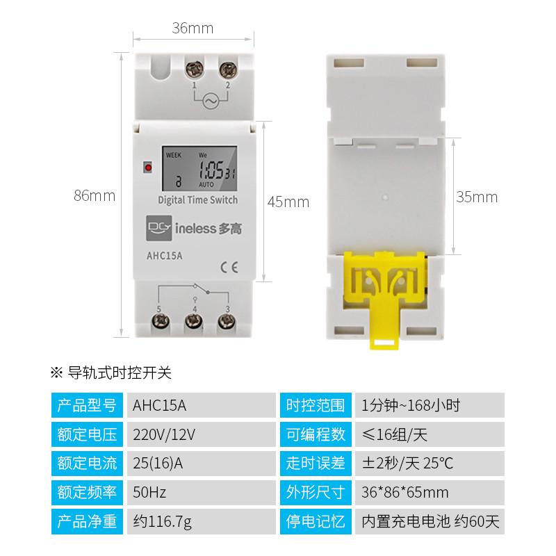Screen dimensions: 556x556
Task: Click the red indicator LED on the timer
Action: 147,167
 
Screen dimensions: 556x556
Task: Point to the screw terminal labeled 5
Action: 161,322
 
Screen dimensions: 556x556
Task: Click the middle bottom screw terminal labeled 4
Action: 193,322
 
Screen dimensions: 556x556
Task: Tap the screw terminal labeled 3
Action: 225,322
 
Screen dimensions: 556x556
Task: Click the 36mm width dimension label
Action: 193,28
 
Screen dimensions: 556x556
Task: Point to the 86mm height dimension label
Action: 95,196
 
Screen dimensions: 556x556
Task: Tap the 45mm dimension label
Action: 288,202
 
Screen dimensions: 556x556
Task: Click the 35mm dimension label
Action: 477,197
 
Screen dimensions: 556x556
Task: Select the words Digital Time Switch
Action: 198,200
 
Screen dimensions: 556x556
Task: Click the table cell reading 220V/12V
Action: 164,434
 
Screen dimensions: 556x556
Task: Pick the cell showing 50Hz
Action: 149,492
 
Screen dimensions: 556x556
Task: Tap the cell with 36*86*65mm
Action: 405,492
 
